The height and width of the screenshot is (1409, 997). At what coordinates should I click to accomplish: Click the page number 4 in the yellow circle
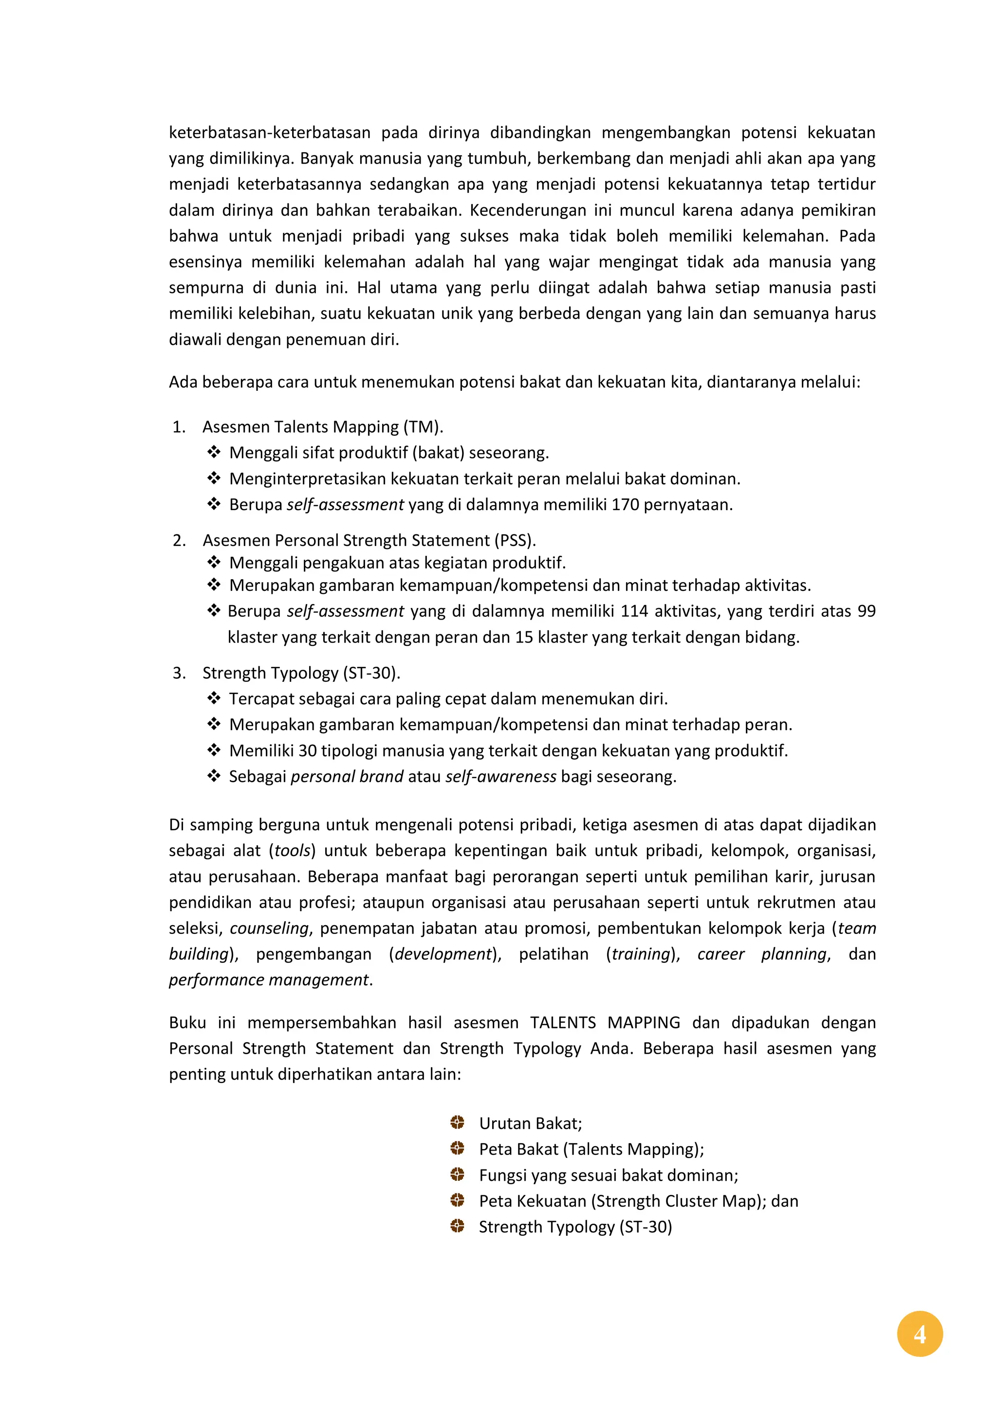919,1334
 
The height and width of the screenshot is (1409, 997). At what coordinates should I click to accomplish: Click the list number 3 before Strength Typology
179,673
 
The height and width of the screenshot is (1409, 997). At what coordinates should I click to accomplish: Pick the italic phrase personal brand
347,776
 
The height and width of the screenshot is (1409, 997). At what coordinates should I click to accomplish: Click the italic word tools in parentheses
292,851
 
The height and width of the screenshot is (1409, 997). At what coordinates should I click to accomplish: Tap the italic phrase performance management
269,979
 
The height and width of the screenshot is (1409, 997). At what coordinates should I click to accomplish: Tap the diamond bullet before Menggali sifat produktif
214,452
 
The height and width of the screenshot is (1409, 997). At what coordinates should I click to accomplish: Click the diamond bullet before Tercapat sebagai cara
214,698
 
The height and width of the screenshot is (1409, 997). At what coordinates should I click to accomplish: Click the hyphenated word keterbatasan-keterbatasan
270,132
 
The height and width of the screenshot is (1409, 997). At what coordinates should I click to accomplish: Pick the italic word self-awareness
500,776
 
